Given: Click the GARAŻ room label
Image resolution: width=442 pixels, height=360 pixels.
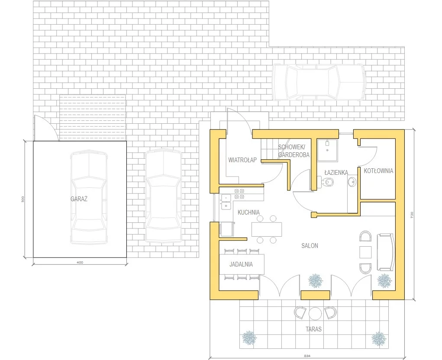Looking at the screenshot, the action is coord(79,199).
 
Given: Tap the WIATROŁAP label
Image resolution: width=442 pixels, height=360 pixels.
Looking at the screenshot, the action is coord(242,160).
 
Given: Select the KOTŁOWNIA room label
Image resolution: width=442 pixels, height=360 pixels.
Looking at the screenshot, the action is coord(378,171).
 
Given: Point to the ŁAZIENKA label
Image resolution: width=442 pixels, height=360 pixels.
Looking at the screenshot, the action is coord(336,172).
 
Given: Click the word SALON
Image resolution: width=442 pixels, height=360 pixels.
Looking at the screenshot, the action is coord(310,246).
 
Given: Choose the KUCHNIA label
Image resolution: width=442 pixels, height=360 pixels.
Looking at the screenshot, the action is coord(248,212).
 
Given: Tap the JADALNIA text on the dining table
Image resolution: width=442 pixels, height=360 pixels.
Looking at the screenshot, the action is coord(241,264).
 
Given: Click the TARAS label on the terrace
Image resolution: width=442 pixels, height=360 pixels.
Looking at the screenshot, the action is coord(313,329).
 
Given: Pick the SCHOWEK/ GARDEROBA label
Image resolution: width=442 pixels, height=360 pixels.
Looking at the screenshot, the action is coord(294,151).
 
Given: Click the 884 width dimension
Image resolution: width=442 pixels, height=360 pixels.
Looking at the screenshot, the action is coord(307,356).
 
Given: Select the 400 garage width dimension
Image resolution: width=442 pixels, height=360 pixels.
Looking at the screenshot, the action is coord(80,263).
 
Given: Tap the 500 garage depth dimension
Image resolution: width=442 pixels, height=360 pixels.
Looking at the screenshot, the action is coord(23,199).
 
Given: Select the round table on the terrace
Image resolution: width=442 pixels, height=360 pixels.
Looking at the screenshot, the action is coord(315,313).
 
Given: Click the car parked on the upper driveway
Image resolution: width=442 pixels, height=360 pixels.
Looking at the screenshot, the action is coord(319,83).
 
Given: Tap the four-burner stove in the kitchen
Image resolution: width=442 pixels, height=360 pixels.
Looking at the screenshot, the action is coord(239,193).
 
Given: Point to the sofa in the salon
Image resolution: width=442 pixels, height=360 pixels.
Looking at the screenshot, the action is coord(385,252).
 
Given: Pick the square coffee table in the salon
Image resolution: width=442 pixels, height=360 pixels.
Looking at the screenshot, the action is coord(366,252).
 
